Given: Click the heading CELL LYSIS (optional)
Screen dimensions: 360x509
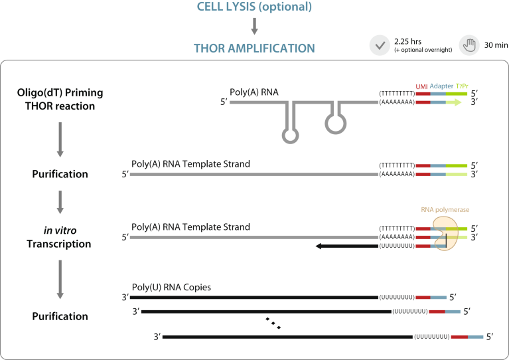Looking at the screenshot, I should (255, 8).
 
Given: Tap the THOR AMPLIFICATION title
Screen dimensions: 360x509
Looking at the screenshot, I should (254, 48).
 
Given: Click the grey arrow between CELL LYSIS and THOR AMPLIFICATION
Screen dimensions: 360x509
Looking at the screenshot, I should (255, 27).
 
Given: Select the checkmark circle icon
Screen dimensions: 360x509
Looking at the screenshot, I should (379, 45).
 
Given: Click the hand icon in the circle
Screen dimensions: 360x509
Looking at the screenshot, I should (470, 45).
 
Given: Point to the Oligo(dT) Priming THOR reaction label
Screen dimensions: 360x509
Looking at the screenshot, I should (60, 100).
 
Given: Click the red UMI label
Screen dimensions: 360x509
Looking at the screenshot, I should (421, 86).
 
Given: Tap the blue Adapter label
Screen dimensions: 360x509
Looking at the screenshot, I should (442, 86).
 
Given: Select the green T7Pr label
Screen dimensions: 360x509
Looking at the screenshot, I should (462, 86).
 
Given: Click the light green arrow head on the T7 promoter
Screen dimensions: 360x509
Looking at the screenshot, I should (458, 103).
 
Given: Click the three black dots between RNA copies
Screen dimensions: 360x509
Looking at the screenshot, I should (273, 323).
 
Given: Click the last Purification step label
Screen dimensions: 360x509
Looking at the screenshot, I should (60, 316).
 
